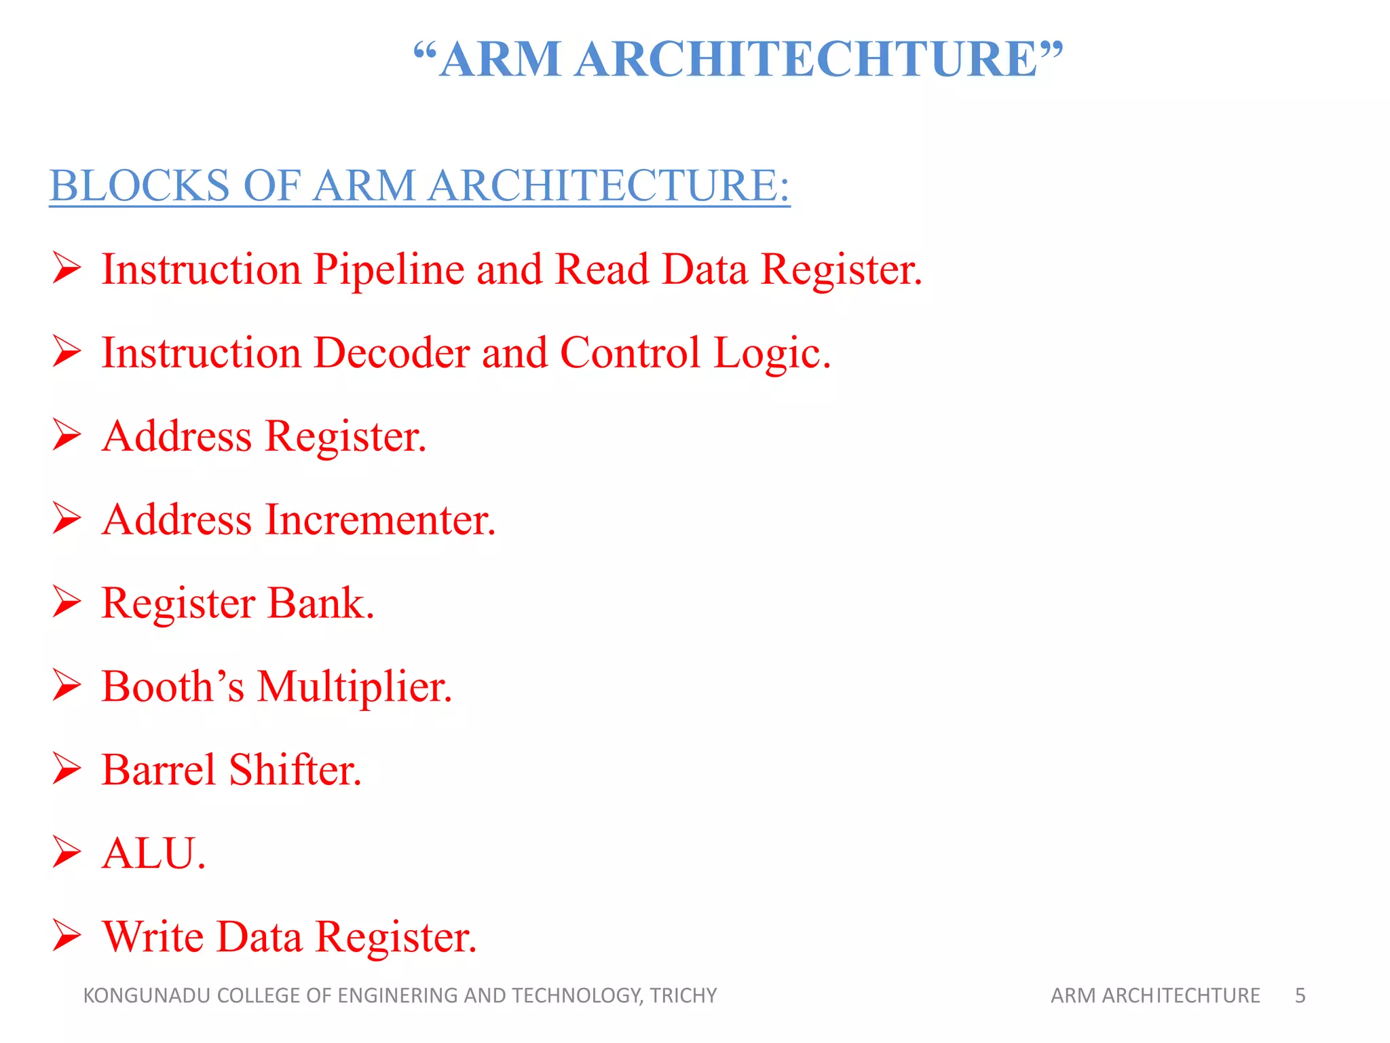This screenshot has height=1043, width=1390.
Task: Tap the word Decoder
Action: (392, 353)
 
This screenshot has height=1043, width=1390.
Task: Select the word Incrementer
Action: (380, 520)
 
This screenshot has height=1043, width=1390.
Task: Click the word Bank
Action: (321, 604)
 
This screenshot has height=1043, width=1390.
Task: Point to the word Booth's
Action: (172, 687)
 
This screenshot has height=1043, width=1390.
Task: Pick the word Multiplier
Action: (354, 687)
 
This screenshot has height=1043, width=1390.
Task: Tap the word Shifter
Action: (295, 770)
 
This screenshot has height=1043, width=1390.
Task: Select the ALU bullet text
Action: (153, 854)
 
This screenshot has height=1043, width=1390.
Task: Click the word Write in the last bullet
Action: (153, 937)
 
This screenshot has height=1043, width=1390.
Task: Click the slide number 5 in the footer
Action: (1300, 995)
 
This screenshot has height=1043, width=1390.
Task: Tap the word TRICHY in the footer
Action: (683, 995)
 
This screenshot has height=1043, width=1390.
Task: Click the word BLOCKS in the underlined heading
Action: (140, 185)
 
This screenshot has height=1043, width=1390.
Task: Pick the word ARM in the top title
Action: (500, 59)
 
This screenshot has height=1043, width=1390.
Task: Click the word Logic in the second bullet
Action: (772, 353)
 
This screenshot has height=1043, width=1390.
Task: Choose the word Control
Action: (630, 353)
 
